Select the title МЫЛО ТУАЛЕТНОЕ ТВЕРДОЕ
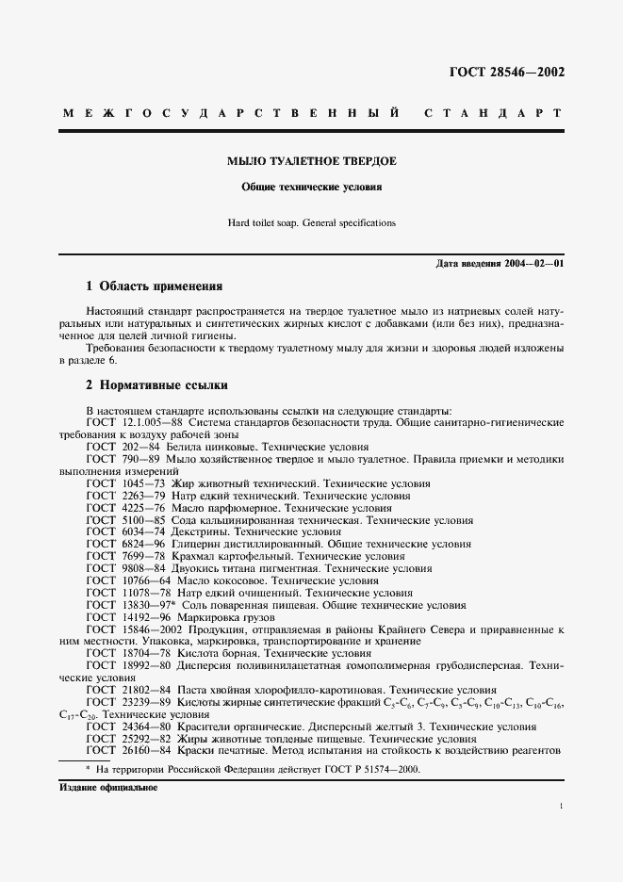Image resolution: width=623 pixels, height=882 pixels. [311, 161]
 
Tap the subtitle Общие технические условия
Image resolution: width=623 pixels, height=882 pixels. [311, 188]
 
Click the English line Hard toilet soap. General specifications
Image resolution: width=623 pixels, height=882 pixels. [311, 223]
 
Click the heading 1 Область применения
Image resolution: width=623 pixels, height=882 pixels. [155, 286]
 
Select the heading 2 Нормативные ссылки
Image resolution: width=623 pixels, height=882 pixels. [156, 385]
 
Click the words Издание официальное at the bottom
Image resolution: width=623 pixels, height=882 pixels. [103, 788]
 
